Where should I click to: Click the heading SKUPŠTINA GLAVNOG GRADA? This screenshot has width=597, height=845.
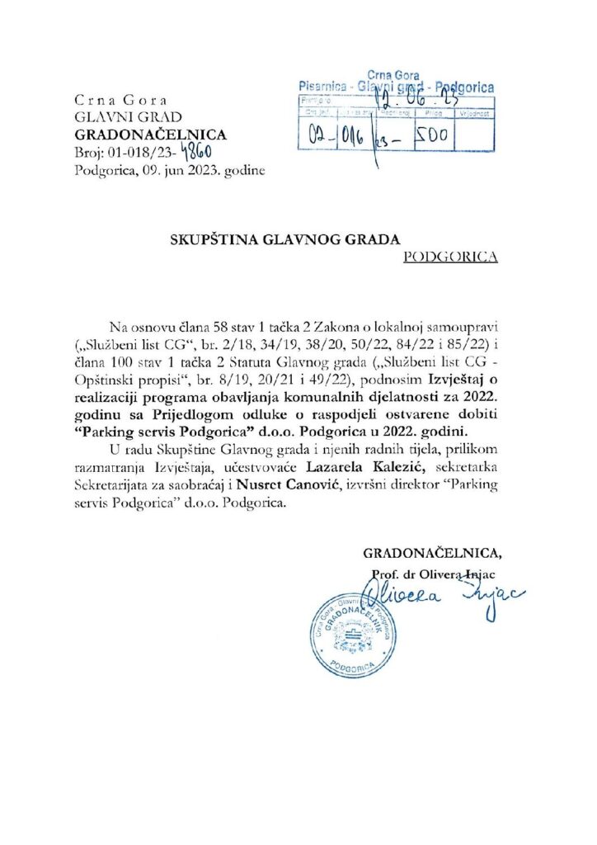tap(285, 239)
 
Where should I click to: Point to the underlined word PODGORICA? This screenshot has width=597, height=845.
tap(451, 257)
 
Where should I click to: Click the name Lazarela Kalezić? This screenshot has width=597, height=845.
tap(374, 468)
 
